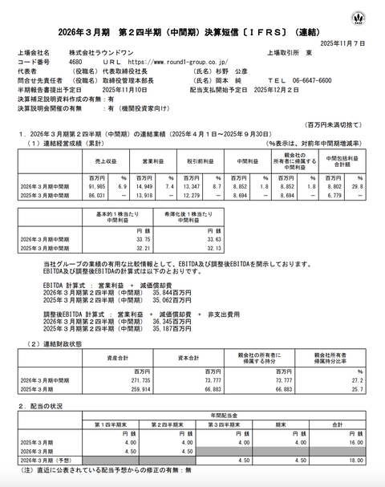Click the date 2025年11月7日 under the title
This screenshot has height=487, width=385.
point(342,43)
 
